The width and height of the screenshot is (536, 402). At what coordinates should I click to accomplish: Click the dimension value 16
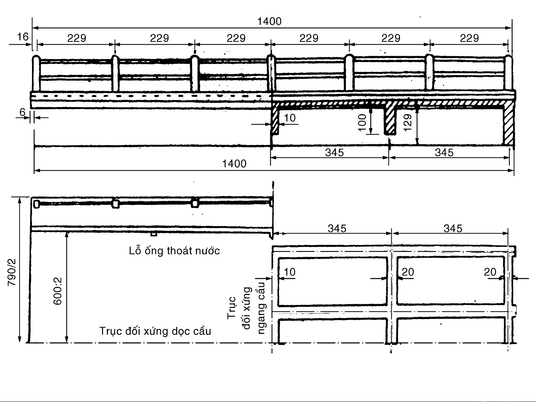[23, 36]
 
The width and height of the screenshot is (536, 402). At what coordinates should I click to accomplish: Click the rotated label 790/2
[12, 272]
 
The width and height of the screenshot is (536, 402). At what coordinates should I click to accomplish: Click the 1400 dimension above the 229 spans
[269, 22]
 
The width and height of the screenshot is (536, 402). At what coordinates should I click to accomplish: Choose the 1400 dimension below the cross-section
[234, 164]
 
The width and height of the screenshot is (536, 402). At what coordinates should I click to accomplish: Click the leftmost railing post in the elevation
[36, 74]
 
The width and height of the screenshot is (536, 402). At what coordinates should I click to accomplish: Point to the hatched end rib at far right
[508, 125]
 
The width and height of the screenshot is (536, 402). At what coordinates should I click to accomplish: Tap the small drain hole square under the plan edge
[153, 234]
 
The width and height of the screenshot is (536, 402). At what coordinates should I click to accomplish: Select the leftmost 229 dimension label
[77, 38]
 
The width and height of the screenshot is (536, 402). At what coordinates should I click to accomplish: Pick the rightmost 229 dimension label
[469, 38]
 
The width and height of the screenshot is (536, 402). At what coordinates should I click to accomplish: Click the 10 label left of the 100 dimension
[289, 118]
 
